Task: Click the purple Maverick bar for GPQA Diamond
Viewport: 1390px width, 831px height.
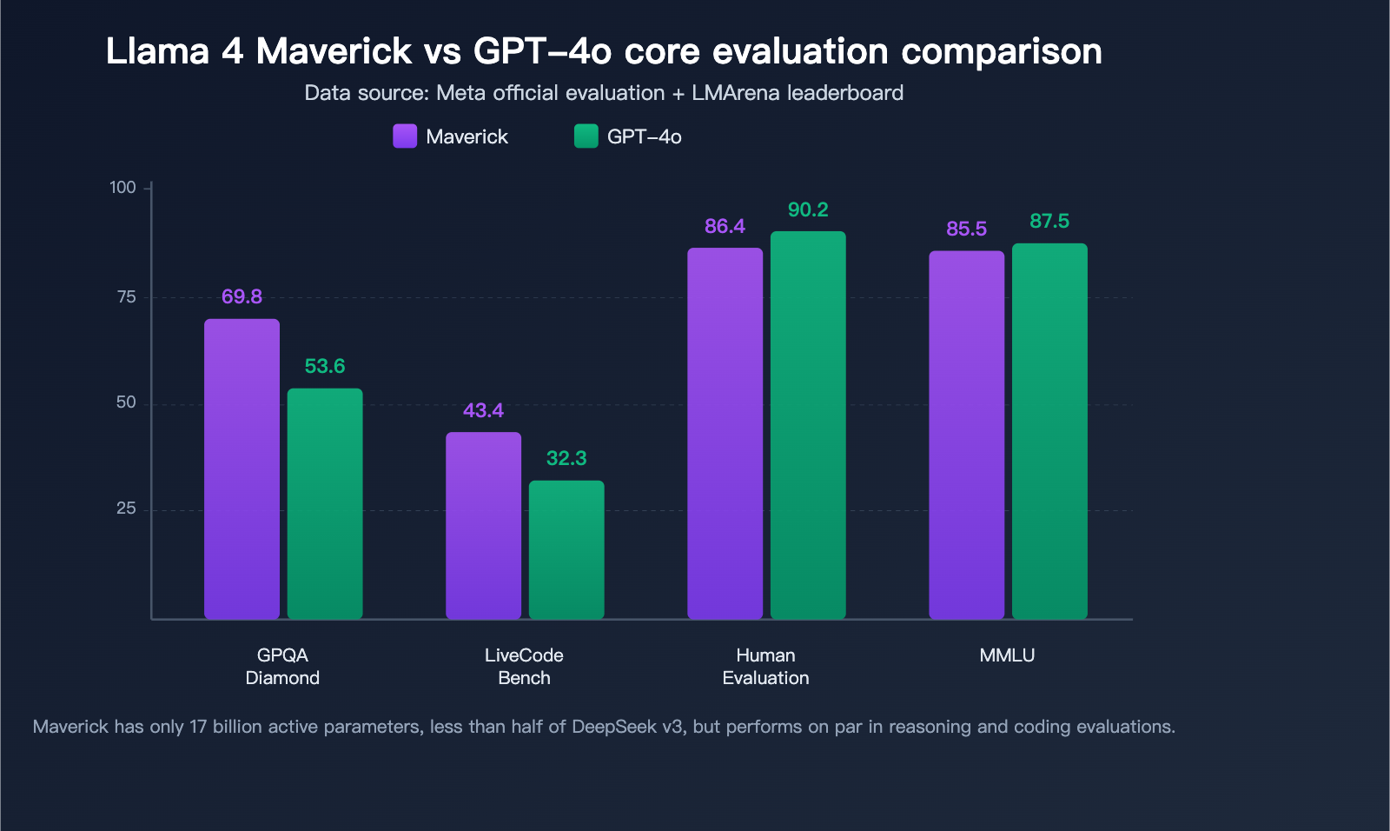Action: (x=242, y=469)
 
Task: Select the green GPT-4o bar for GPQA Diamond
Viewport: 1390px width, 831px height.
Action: (x=325, y=504)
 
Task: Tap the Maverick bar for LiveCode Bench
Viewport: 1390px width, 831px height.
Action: (x=483, y=526)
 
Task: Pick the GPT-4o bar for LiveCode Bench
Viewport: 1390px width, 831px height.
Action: (x=566, y=549)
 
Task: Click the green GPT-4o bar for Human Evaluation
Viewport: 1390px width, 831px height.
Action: (x=808, y=426)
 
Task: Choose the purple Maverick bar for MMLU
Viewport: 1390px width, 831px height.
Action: (x=966, y=435)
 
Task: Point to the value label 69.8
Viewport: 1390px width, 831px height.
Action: (x=242, y=296)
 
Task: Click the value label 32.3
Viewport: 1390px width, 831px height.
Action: (x=566, y=458)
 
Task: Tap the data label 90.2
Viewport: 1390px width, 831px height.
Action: (x=808, y=209)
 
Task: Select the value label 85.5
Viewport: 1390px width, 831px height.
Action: (x=966, y=229)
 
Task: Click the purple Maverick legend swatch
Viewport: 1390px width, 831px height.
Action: (x=405, y=136)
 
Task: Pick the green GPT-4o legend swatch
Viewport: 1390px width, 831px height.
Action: (x=586, y=136)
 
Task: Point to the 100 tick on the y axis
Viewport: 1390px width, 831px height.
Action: (x=122, y=188)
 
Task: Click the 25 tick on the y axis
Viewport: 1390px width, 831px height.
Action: (x=126, y=509)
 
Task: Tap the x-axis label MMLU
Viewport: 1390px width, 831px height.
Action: (x=1007, y=655)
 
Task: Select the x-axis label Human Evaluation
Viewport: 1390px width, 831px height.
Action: (x=765, y=667)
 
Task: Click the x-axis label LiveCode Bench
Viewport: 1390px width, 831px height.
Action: (x=524, y=667)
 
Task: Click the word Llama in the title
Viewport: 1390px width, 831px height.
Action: (x=157, y=51)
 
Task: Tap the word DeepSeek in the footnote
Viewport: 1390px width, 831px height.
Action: (x=614, y=727)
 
